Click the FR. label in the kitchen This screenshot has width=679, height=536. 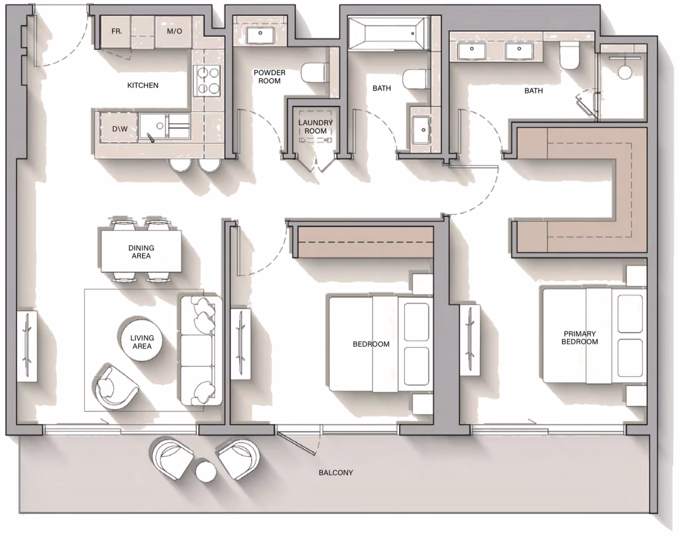(117, 31)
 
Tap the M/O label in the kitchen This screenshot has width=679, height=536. (174, 31)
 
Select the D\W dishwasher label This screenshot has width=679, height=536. (120, 129)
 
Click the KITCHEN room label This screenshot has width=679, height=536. (143, 86)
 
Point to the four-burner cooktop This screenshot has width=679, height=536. (207, 80)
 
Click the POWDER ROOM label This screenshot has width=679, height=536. (269, 77)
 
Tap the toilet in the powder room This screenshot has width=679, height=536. (313, 73)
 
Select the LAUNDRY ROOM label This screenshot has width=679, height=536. (316, 127)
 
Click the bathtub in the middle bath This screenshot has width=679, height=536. (388, 33)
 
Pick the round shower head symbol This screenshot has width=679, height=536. (625, 73)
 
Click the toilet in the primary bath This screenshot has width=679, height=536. (570, 56)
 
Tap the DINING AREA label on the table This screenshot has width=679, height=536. (141, 252)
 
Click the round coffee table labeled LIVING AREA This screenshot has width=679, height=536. (141, 341)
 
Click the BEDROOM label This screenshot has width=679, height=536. (371, 344)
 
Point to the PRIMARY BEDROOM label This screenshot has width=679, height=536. (579, 338)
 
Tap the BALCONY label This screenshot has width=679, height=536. (336, 473)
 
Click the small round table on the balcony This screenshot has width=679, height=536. (206, 472)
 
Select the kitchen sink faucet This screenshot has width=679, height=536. (150, 138)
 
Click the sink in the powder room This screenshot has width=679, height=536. (260, 35)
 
